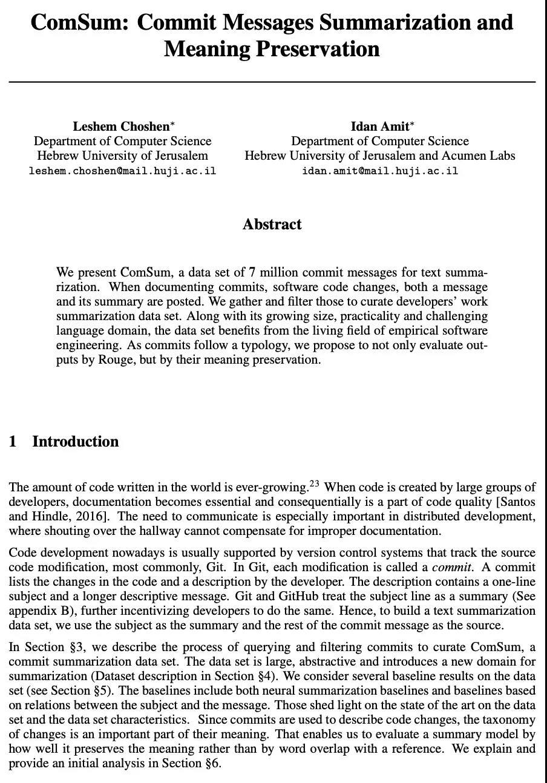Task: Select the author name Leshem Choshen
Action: click(121, 126)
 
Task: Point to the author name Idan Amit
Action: click(379, 126)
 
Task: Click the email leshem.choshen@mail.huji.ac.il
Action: click(122, 171)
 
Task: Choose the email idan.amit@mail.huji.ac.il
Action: click(380, 171)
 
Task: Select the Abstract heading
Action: click(272, 224)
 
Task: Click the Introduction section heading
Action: click(75, 442)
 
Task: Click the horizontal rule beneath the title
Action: click(272, 82)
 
